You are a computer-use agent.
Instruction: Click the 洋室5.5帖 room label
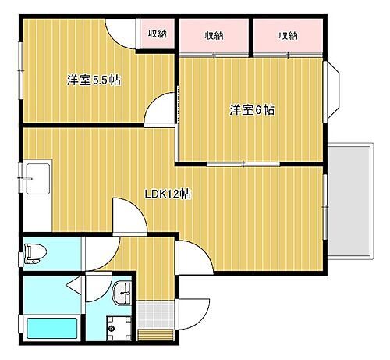tap(93, 80)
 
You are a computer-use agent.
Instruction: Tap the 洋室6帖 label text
tap(251, 109)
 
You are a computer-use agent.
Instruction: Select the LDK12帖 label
tap(168, 194)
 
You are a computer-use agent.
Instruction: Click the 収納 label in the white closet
tap(157, 34)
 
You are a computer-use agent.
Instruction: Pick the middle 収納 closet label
tap(214, 35)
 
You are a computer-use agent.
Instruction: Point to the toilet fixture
tap(33, 255)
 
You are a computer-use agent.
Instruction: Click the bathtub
tap(51, 328)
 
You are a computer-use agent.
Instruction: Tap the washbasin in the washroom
tap(122, 294)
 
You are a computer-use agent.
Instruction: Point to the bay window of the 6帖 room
tap(332, 87)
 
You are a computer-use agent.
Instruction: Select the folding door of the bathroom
tap(74, 283)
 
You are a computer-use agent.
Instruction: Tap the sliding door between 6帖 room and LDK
tap(246, 165)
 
